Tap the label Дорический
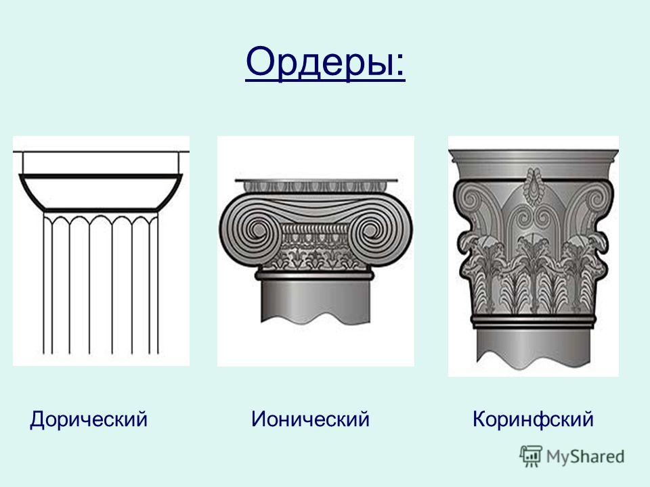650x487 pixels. click(x=89, y=419)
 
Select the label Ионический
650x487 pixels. click(x=310, y=419)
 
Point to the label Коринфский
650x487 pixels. click(x=533, y=419)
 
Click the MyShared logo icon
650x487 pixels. click(x=531, y=457)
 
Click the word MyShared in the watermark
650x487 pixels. click(x=585, y=457)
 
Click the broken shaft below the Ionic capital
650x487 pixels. click(x=315, y=300)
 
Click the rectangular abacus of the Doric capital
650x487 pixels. click(x=101, y=163)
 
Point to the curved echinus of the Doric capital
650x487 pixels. click(x=101, y=193)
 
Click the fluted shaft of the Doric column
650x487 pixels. click(x=101, y=283)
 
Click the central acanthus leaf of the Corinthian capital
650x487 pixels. click(x=533, y=273)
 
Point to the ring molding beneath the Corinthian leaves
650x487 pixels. click(x=534, y=321)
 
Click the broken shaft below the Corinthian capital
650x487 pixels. click(x=534, y=348)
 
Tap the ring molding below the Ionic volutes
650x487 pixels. click(x=315, y=275)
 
